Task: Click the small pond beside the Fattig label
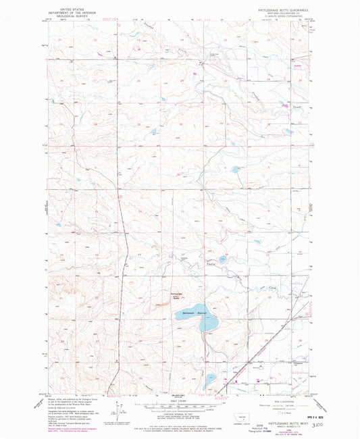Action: (224, 257)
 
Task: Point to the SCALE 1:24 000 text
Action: (180, 402)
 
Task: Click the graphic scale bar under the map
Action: (180, 407)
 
